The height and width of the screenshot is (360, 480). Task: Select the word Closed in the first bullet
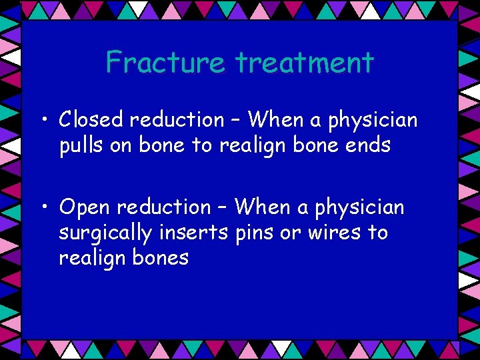pos(91,120)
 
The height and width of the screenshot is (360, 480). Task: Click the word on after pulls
pos(122,145)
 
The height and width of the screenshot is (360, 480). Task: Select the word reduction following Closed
pos(177,120)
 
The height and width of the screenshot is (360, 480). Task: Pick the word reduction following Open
pos(164,207)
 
